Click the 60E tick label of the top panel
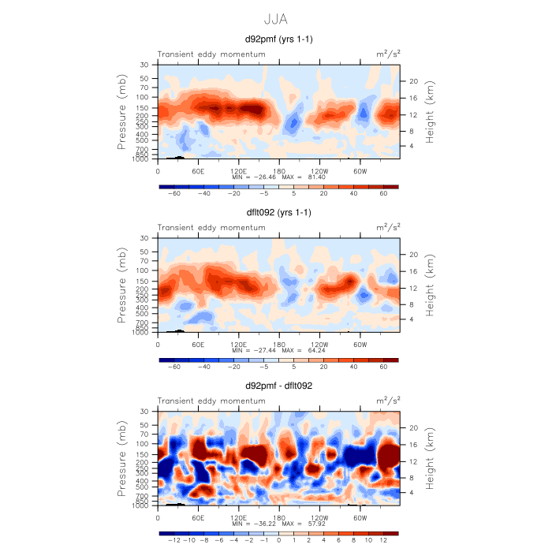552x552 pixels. point(198,170)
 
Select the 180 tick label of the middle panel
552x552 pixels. point(278,344)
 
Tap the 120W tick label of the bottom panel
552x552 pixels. point(319,517)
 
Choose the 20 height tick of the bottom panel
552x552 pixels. point(411,428)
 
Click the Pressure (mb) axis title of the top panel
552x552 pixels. point(124,112)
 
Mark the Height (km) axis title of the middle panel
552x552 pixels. point(430,285)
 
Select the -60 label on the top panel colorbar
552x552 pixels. point(176,192)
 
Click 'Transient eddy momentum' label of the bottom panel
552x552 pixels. point(211,401)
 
